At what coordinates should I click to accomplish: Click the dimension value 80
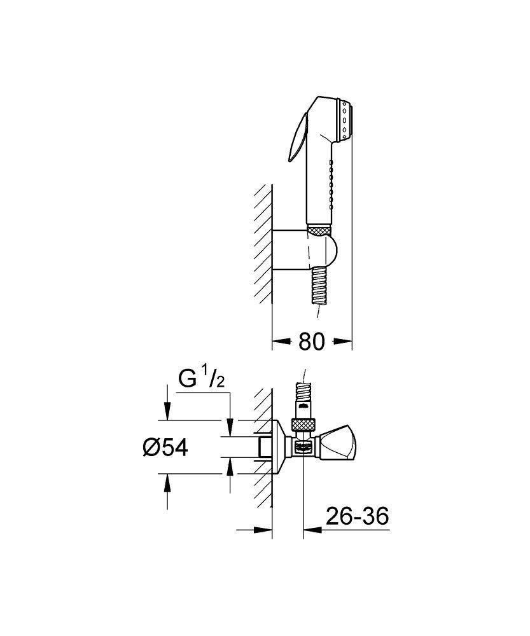pos(312,342)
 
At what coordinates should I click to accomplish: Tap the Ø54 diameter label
pos(165,447)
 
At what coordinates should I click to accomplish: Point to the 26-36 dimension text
pos(356,516)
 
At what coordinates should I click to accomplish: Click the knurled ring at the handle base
pos(320,230)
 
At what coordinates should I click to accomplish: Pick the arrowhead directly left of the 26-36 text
pos(311,529)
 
